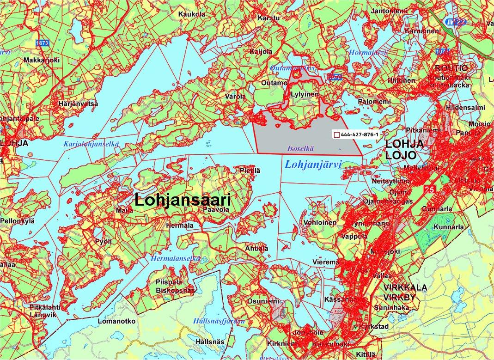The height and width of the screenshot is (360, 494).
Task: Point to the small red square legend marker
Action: point(337,134)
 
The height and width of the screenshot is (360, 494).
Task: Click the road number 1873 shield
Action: point(42,43)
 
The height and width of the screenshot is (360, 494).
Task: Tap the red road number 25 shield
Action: point(430,189)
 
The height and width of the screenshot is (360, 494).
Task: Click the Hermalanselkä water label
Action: point(175,259)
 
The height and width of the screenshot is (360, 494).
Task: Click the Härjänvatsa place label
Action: point(79,104)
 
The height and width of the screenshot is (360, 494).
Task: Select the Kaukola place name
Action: point(192,14)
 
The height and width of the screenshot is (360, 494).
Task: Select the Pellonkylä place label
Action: point(18,221)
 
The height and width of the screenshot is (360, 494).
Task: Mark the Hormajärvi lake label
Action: point(368,52)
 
